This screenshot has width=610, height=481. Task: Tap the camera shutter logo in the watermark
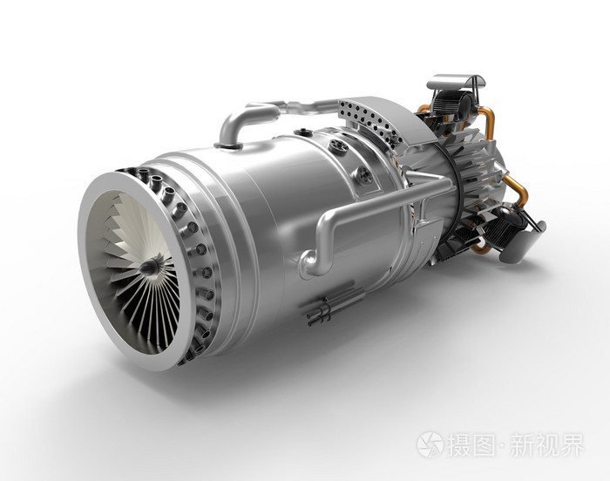tap(430, 444)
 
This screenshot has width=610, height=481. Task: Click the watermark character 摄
tap(460, 444)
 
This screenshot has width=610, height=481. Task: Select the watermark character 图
tap(485, 444)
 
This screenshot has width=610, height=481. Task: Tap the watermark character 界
tap(573, 444)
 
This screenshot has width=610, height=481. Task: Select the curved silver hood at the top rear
tap(457, 82)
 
